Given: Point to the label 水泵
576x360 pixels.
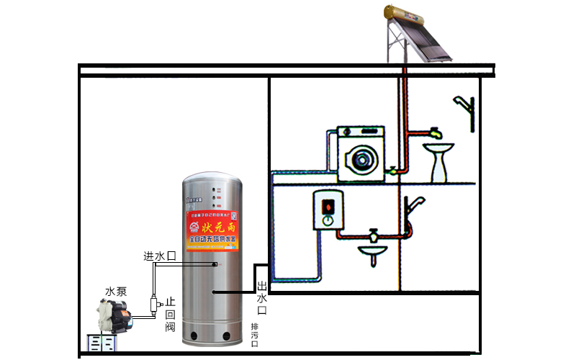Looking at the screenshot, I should pos(116,292).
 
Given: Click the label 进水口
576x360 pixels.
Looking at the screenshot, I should pos(160,256).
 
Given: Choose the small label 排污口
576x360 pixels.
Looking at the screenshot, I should pos(254,336).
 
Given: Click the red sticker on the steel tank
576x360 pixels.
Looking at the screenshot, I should pos(212,231).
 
